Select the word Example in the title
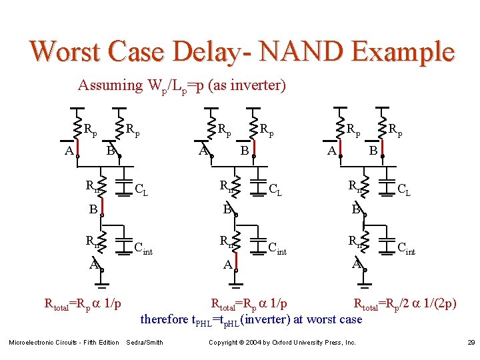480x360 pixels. click(406, 51)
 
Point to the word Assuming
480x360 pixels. click(110, 85)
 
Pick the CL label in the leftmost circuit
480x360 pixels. click(141, 190)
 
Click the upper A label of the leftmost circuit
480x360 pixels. click(69, 151)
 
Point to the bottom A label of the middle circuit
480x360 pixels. click(227, 265)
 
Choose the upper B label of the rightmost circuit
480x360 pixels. click(373, 151)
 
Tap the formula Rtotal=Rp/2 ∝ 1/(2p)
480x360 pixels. click(405, 304)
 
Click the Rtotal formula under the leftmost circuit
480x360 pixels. click(82, 304)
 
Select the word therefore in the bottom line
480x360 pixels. click(164, 319)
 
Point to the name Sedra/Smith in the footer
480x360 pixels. click(144, 343)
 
